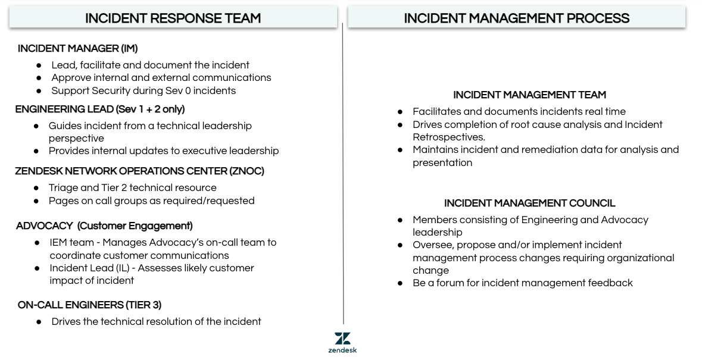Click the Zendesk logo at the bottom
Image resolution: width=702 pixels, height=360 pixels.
tap(342, 342)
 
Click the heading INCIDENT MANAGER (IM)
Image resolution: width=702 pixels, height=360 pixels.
tap(77, 49)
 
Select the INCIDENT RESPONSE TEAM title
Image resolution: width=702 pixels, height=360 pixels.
tap(173, 18)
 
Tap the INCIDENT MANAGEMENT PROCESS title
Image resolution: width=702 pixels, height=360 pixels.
tap(516, 18)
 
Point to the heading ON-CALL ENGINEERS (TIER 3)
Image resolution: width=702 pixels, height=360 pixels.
tap(89, 305)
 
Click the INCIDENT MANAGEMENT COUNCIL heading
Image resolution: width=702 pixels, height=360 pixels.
tap(529, 204)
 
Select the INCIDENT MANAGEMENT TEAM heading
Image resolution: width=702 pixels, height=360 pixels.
tap(529, 95)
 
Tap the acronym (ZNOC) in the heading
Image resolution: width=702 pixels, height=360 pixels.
tap(247, 171)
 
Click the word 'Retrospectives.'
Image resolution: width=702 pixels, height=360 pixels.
tap(449, 137)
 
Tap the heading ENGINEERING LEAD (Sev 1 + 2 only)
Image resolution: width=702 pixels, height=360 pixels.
tap(99, 109)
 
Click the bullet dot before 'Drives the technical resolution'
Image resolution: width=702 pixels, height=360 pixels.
tap(39, 322)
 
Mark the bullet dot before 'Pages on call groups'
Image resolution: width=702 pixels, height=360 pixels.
tap(36, 201)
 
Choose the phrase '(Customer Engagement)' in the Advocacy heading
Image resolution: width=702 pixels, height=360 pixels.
tap(135, 226)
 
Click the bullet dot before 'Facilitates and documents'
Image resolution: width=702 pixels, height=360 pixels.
tap(400, 112)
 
